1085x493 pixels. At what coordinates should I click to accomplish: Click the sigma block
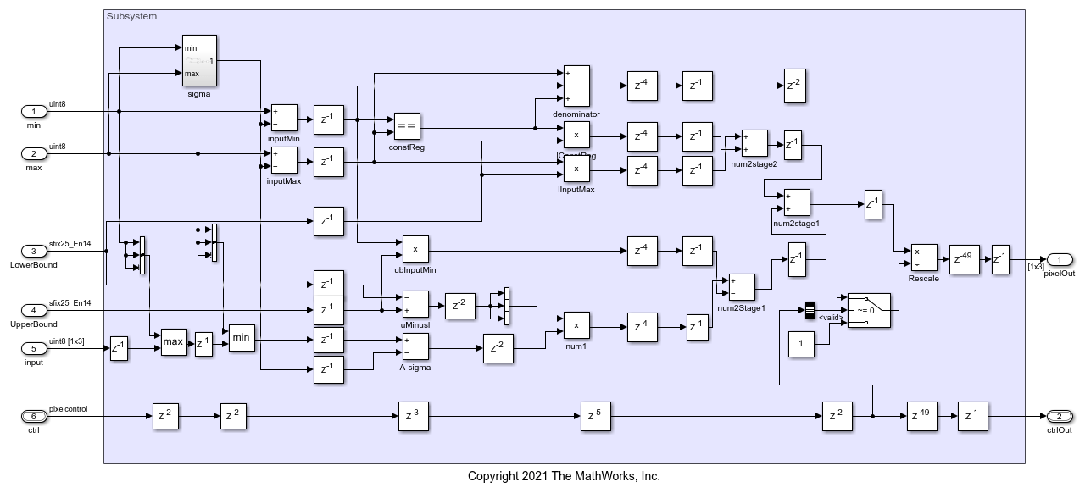point(199,60)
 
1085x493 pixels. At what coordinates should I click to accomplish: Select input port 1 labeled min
point(33,111)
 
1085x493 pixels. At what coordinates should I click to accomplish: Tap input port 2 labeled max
point(33,153)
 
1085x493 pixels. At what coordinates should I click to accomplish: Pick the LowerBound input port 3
point(33,251)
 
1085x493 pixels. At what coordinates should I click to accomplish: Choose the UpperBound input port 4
point(33,310)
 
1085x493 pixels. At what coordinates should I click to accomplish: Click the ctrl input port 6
point(33,416)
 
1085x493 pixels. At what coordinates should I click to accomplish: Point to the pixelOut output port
point(1060,259)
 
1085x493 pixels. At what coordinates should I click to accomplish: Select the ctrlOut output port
point(1060,416)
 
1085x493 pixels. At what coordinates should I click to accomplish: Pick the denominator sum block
point(576,86)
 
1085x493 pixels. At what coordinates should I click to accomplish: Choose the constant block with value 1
point(801,344)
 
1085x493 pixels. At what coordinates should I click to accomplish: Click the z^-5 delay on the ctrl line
point(595,416)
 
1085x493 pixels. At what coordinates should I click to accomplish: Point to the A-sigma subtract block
point(415,346)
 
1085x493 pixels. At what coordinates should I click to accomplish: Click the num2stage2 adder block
point(754,142)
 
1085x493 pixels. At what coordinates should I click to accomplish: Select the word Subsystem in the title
point(131,16)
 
